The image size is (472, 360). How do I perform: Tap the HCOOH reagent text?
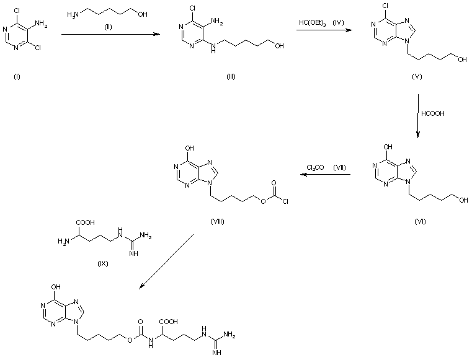[432, 114]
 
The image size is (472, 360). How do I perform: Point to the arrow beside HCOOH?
[417, 115]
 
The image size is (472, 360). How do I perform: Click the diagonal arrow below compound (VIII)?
[167, 261]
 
